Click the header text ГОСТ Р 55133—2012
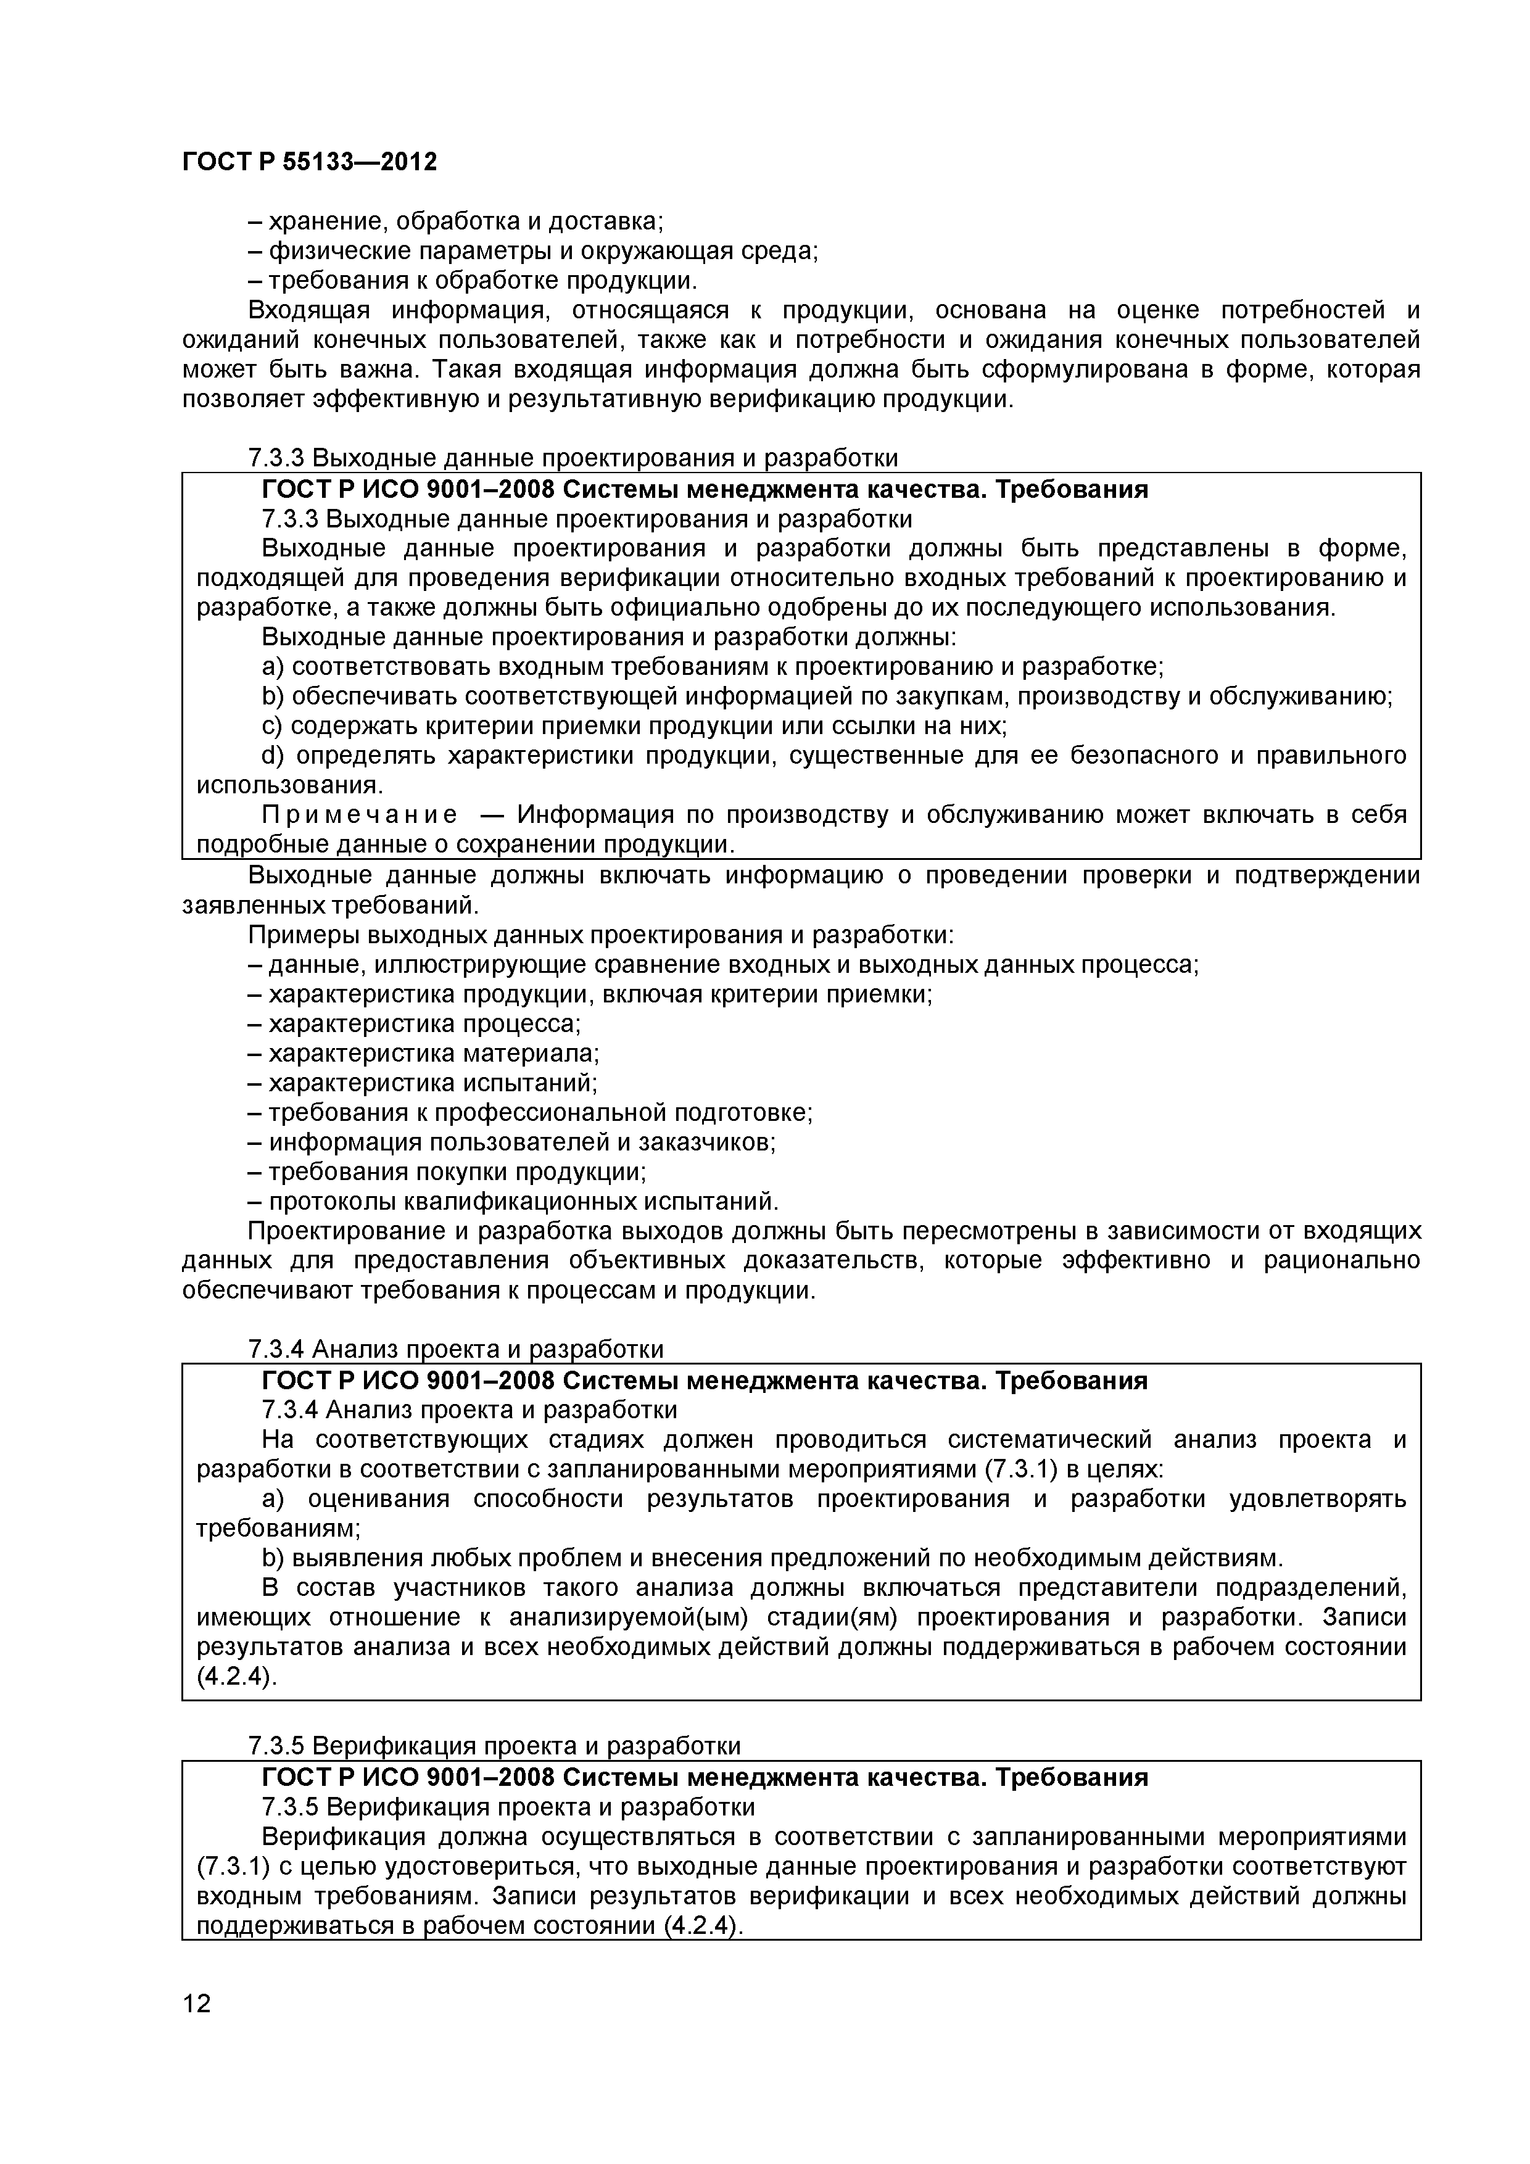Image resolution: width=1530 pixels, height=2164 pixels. click(x=309, y=163)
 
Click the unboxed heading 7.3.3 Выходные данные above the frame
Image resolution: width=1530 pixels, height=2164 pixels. click(x=573, y=458)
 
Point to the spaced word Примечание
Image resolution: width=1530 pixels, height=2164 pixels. click(x=359, y=814)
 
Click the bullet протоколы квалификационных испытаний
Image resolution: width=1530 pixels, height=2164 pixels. click(x=514, y=1202)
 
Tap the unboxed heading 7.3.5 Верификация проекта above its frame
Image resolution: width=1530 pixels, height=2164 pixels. click(x=494, y=1746)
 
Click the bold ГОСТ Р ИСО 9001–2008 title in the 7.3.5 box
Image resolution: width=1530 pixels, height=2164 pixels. click(x=704, y=1778)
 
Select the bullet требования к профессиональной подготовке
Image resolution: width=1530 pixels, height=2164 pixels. click(x=530, y=1112)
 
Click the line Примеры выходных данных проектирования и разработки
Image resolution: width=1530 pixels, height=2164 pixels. click(x=600, y=935)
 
